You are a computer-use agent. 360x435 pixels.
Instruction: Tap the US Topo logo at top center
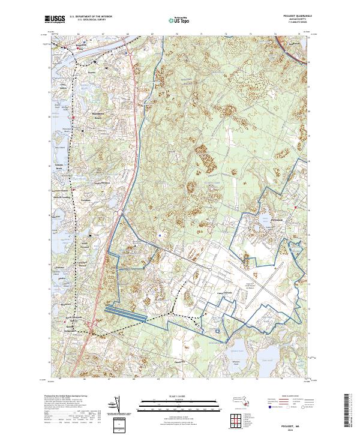point(180,20)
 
